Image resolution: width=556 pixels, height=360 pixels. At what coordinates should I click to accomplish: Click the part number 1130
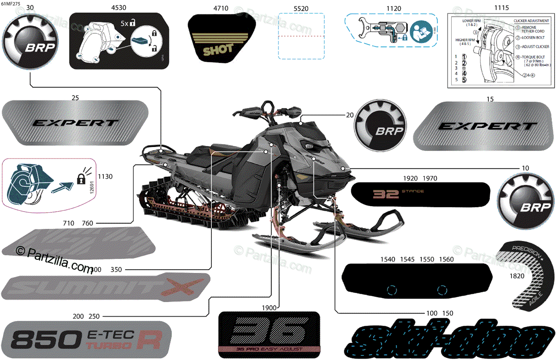click(x=106, y=177)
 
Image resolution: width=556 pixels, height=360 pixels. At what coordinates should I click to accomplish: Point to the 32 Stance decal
click(x=420, y=194)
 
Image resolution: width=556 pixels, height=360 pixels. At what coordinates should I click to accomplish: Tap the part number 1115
click(x=501, y=8)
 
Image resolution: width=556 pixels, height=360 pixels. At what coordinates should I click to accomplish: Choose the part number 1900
click(x=269, y=308)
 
